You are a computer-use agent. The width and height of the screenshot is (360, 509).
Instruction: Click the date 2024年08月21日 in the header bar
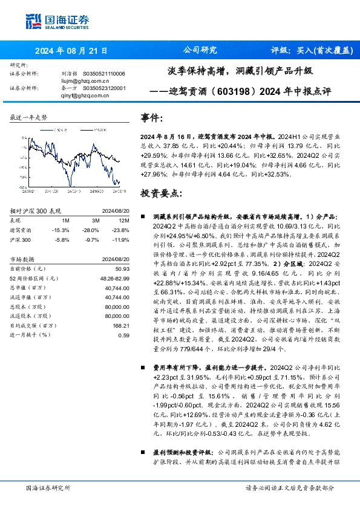(71, 50)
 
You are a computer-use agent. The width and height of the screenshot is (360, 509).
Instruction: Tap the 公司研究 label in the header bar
(200, 50)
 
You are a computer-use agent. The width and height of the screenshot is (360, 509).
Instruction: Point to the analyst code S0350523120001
(105, 87)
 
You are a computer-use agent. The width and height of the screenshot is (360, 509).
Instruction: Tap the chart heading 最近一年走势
(29, 117)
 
